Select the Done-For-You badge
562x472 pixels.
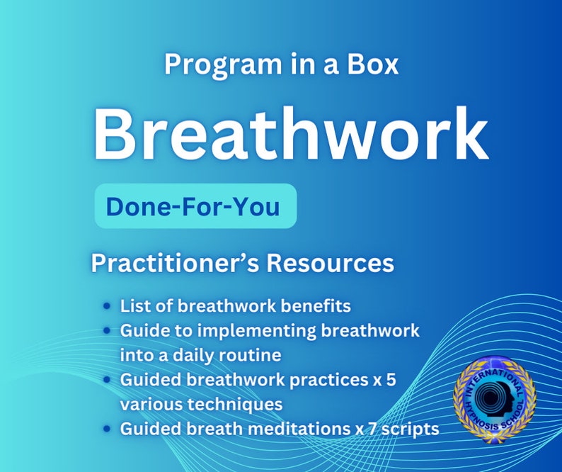[195, 206]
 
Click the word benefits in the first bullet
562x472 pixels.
[314, 306]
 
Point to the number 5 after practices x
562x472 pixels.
[390, 379]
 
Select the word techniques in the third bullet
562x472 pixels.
[231, 404]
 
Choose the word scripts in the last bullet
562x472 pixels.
[414, 429]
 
